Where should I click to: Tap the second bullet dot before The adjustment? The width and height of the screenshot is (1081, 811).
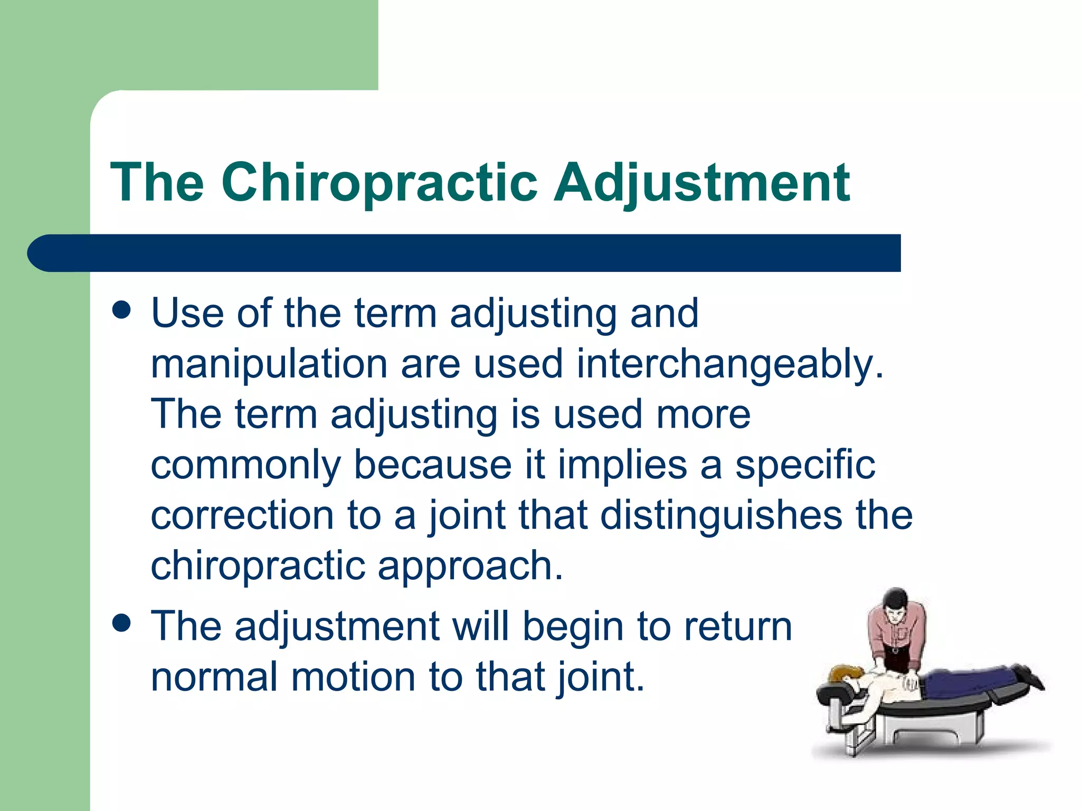122,623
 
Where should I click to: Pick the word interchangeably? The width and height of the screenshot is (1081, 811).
729,364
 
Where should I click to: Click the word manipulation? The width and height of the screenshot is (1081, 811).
269,364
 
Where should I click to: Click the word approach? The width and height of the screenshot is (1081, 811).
470,566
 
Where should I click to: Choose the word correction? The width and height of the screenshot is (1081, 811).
242,515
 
